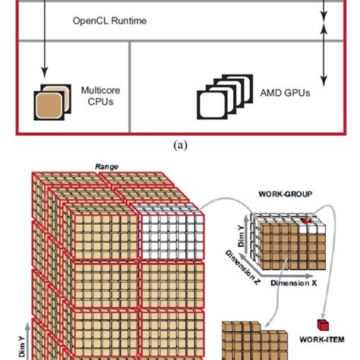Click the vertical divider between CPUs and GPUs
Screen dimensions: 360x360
coord(131,88)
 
